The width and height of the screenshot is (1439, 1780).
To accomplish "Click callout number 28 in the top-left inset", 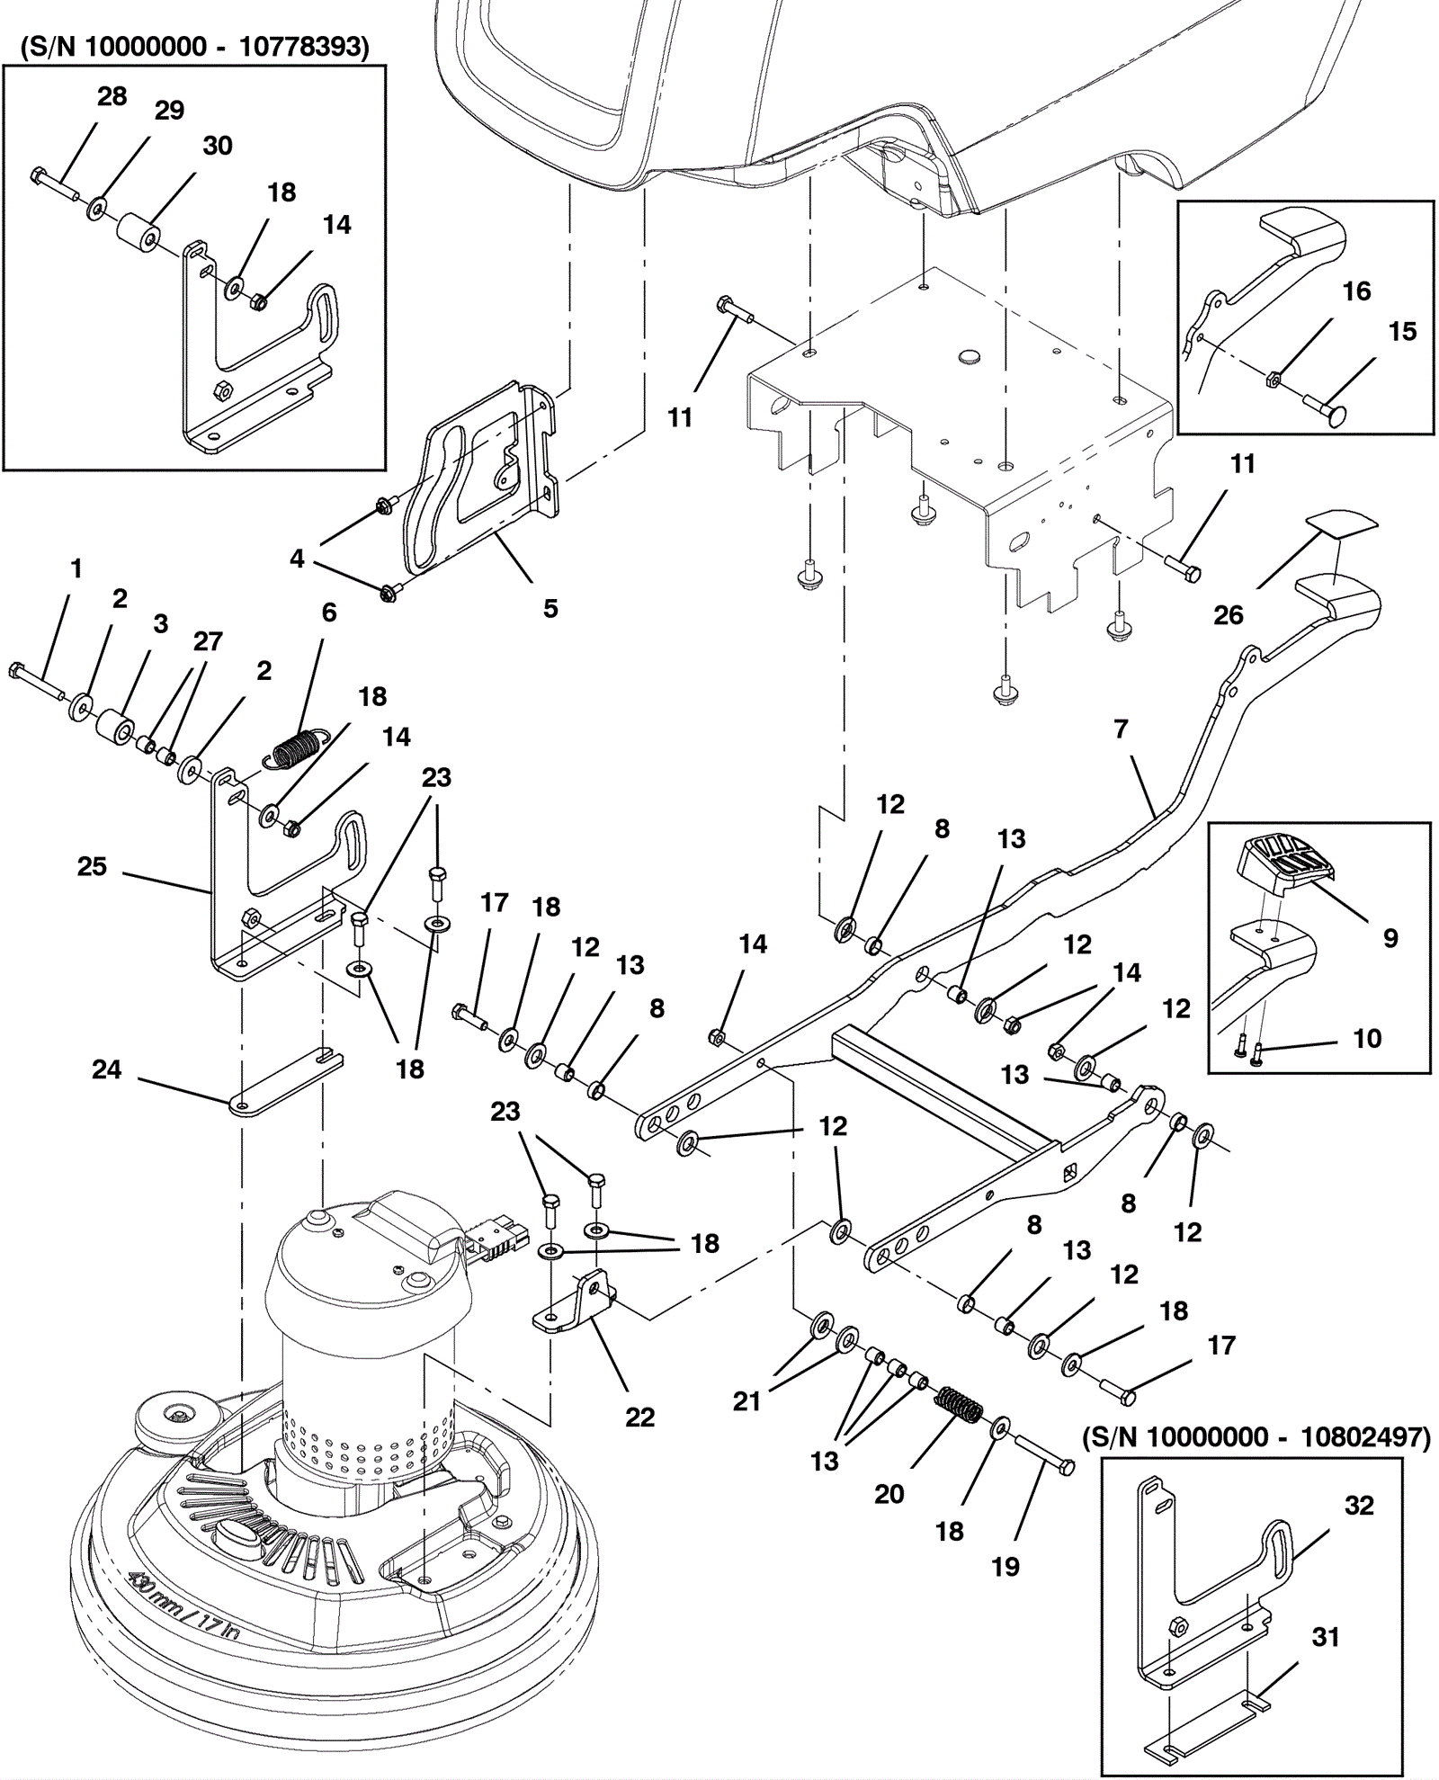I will tap(112, 96).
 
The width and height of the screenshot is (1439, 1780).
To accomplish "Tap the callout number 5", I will tap(550, 609).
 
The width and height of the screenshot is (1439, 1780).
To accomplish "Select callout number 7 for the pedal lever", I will tap(1121, 729).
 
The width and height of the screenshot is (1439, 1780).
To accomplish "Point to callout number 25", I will tap(92, 866).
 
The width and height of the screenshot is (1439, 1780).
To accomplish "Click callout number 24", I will tap(106, 1069).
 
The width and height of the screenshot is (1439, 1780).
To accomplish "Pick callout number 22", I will tap(639, 1417).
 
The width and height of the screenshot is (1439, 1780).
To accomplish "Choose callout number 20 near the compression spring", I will tap(889, 1494).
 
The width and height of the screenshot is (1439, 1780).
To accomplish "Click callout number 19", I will tap(1006, 1567).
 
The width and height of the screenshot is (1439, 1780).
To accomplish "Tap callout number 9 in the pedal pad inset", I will tap(1390, 938).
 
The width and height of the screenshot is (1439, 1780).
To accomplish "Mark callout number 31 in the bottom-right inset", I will tap(1326, 1637).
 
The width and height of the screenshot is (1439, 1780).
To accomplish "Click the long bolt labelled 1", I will tap(36, 683).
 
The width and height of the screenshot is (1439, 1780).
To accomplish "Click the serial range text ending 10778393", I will tap(194, 47).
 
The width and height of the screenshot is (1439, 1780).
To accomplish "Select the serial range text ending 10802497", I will tap(1256, 1437).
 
